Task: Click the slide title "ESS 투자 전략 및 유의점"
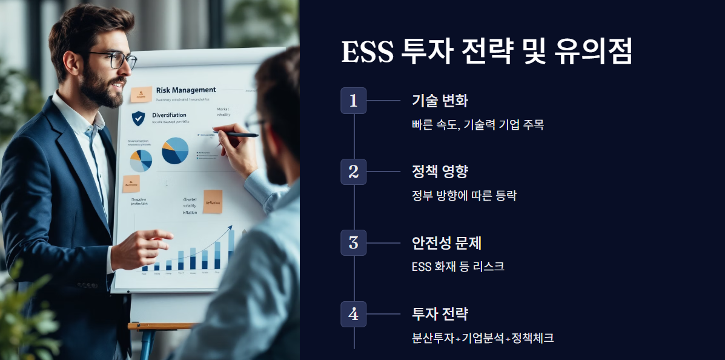point(487,52)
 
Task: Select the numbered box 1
point(354,101)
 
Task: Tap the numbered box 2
point(354,172)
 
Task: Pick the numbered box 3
point(354,243)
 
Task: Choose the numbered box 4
point(354,315)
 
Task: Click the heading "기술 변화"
point(440,101)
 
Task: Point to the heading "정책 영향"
point(440,172)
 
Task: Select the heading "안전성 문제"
point(446,243)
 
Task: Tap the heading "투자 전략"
point(440,315)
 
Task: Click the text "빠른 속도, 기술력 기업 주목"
point(477,125)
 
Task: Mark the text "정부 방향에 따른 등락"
point(464,196)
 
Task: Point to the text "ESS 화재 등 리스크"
point(458,267)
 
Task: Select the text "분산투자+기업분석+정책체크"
point(483,338)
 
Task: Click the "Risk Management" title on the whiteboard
point(185,90)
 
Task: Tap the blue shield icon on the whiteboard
point(139,118)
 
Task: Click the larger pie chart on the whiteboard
point(175,150)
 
